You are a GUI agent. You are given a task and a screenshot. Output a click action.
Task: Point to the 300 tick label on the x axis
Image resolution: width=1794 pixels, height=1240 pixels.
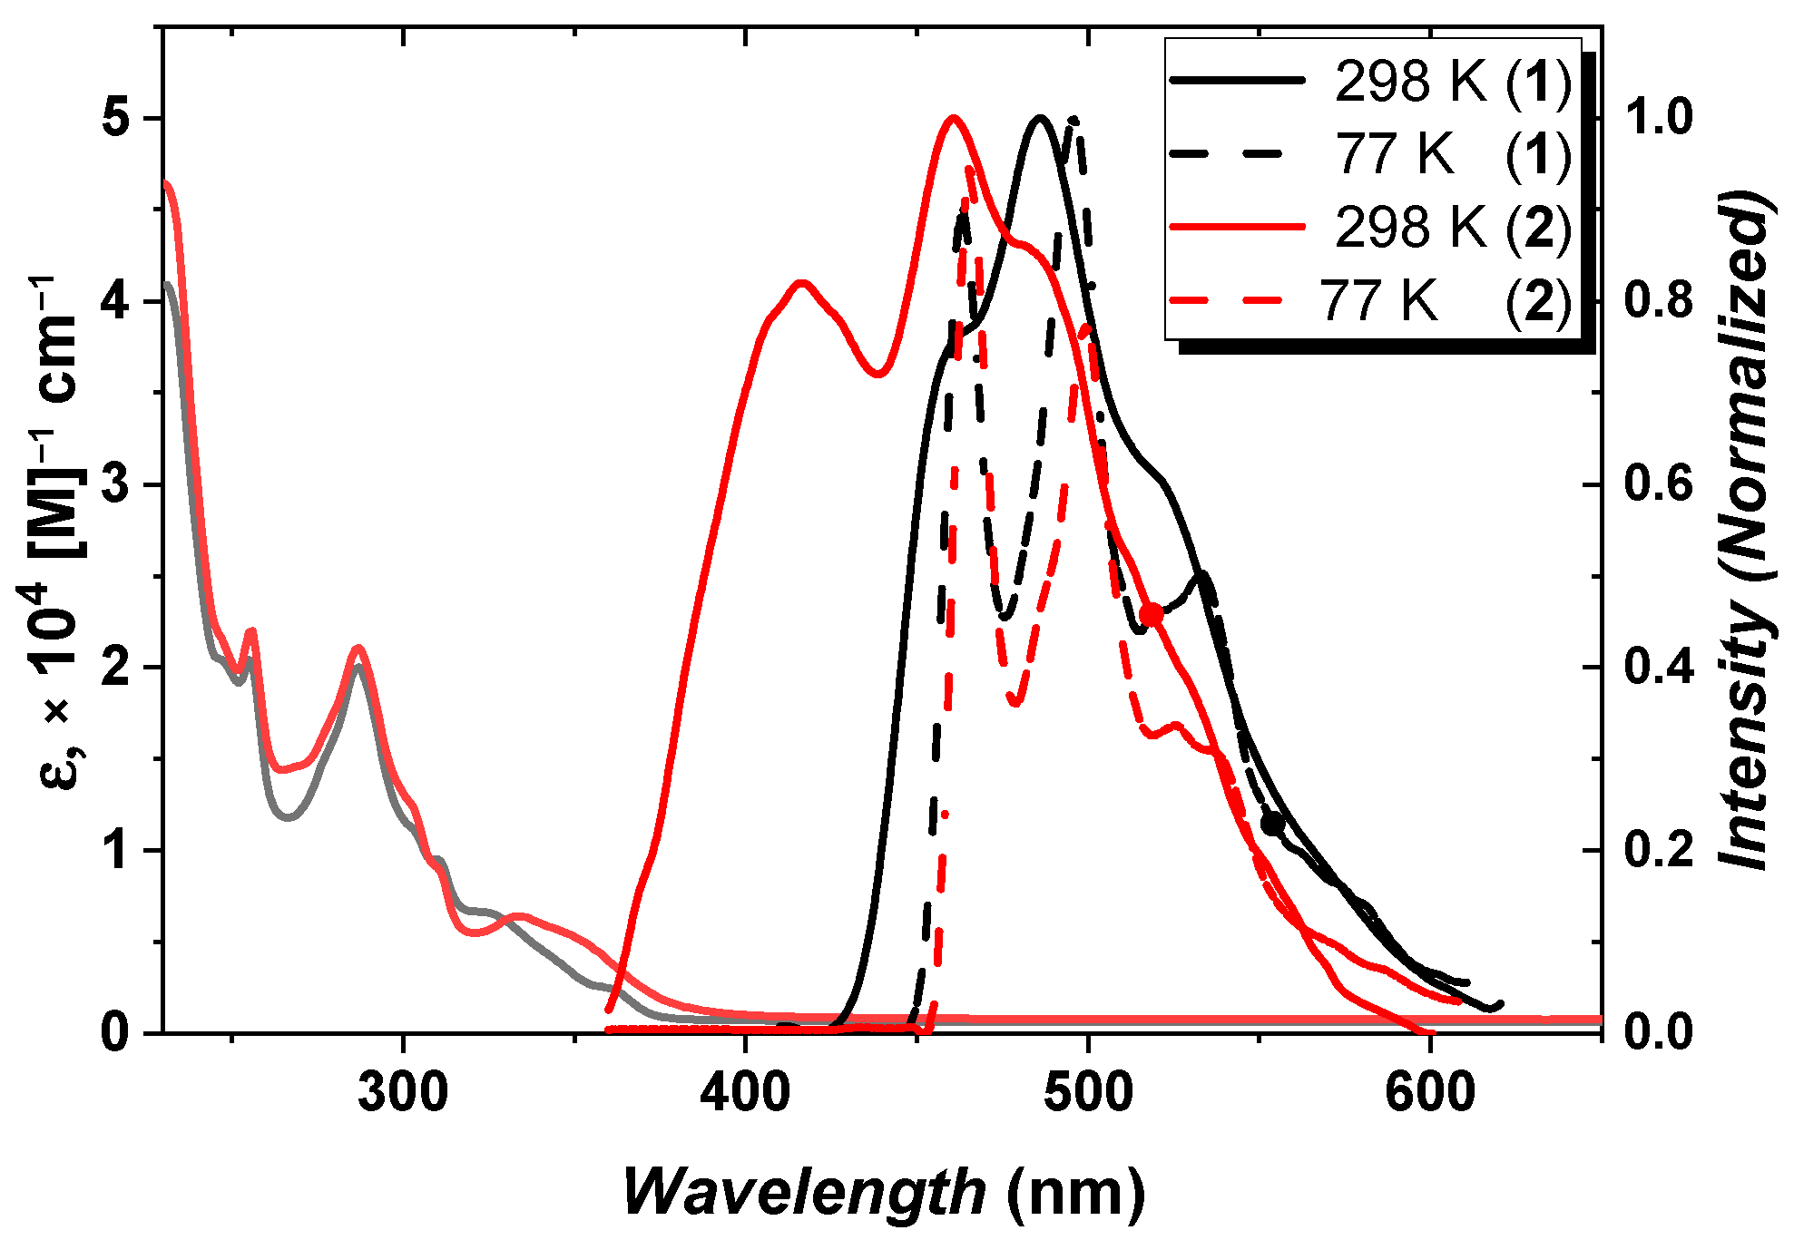click(403, 1092)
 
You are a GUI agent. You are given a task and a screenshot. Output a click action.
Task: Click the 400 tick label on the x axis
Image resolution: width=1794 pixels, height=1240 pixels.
click(745, 1092)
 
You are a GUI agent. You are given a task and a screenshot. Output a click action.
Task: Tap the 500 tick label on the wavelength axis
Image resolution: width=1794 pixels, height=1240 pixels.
click(1087, 1092)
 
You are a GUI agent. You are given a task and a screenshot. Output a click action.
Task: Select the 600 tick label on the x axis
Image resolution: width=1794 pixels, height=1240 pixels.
click(1430, 1092)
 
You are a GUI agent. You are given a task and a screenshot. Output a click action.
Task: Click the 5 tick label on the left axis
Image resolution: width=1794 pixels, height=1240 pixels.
click(115, 119)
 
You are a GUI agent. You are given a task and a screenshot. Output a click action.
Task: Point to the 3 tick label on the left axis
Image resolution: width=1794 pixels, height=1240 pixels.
click(115, 484)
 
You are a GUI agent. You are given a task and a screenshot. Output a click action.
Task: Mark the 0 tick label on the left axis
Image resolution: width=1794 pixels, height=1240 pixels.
click(115, 1032)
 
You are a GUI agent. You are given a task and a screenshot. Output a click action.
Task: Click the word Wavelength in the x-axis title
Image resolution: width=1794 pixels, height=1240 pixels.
click(804, 1191)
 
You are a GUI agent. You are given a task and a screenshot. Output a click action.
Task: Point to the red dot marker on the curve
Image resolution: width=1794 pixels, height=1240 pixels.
click(1151, 614)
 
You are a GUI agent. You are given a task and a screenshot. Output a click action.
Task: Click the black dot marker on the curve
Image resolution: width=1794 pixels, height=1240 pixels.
click(1273, 824)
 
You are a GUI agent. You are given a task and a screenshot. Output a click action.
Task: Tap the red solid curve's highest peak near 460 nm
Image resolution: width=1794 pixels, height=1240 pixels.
click(953, 117)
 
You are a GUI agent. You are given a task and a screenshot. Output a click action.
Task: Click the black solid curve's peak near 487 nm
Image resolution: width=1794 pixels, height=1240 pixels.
click(1040, 117)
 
